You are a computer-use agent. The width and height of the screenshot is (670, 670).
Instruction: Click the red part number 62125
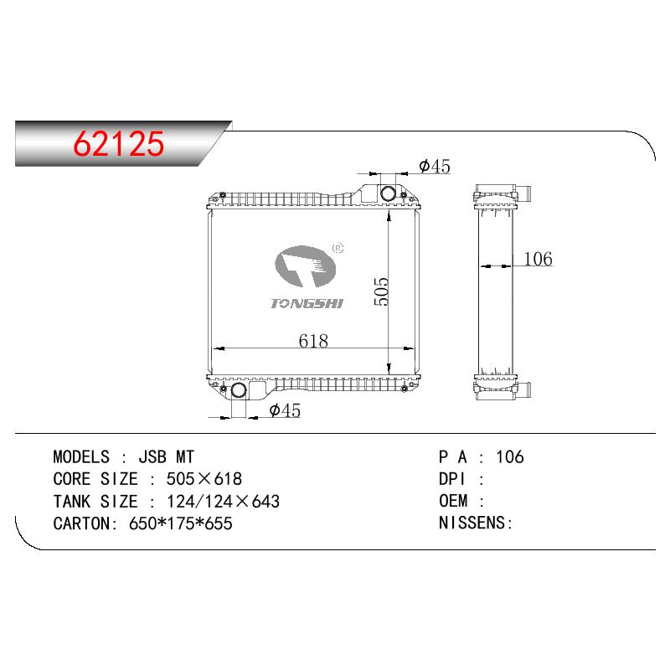pyautogui.click(x=118, y=143)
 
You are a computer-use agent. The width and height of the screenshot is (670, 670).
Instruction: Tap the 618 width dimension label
pyautogui.click(x=313, y=341)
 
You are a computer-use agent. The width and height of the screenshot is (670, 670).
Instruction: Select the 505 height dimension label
pyautogui.click(x=381, y=291)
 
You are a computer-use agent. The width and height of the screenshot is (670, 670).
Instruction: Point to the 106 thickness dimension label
pyautogui.click(x=538, y=259)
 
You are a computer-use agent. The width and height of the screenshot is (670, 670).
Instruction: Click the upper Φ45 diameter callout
pyautogui.click(x=435, y=166)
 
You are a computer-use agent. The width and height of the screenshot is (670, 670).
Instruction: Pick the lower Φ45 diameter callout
pyautogui.click(x=285, y=410)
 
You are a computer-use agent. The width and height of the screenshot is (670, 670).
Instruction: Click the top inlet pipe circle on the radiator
pyautogui.click(x=388, y=193)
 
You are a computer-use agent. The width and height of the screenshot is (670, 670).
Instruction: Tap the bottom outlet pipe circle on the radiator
pyautogui.click(x=239, y=390)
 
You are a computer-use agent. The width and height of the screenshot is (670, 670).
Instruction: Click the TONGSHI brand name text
pyautogui.click(x=307, y=303)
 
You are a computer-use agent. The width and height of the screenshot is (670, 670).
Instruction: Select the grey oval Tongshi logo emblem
pyautogui.click(x=305, y=266)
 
